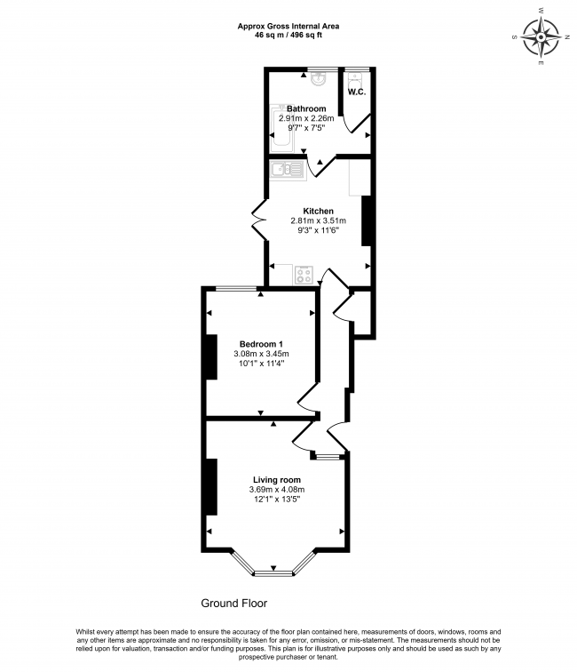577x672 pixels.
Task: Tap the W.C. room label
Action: click(357, 92)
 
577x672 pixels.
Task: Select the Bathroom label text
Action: click(305, 108)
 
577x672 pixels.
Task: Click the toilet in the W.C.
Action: click(357, 77)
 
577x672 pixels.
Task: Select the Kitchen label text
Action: click(317, 211)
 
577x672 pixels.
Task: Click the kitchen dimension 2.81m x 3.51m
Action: click(317, 220)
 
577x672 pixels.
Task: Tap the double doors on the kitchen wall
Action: click(260, 219)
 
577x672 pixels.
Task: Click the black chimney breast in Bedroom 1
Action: click(211, 356)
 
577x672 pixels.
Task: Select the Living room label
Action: click(276, 479)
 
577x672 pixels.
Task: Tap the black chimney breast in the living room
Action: click(211, 486)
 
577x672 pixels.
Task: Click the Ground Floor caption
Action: click(233, 603)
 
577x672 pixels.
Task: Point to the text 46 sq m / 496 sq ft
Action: click(288, 35)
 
